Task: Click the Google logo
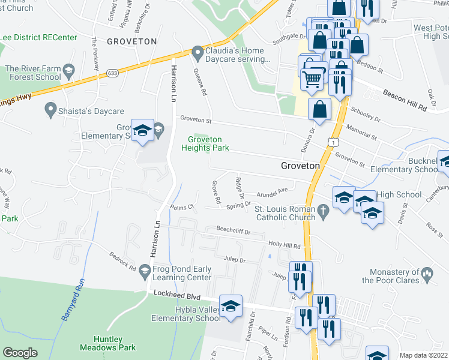point(20,353)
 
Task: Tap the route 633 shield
point(113,73)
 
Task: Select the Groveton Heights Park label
point(205,143)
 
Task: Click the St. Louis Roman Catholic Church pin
point(324,210)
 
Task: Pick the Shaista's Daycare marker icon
point(50,110)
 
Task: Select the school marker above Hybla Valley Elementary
point(231,307)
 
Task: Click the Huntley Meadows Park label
point(108,343)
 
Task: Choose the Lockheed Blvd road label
point(175,295)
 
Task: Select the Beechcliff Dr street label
point(233,230)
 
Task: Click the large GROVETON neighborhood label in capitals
point(131,41)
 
